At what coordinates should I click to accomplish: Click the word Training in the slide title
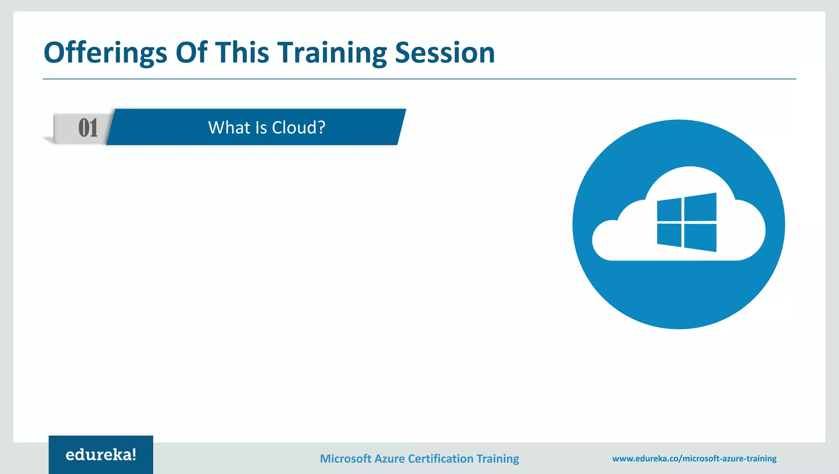(332, 53)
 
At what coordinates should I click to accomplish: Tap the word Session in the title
(445, 53)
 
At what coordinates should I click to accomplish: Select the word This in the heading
(242, 53)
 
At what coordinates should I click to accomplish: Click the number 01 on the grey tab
(88, 128)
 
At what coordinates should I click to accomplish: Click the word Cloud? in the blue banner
(299, 128)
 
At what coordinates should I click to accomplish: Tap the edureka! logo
(101, 455)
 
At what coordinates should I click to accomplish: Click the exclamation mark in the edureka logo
(134, 454)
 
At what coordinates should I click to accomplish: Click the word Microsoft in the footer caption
(345, 459)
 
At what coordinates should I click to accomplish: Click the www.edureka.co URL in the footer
(694, 459)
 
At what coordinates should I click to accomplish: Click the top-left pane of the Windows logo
(669, 210)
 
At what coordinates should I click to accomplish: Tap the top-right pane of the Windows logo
(701, 207)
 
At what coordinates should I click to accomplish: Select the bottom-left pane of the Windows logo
(669, 235)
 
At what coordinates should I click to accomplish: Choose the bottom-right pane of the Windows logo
(701, 237)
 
